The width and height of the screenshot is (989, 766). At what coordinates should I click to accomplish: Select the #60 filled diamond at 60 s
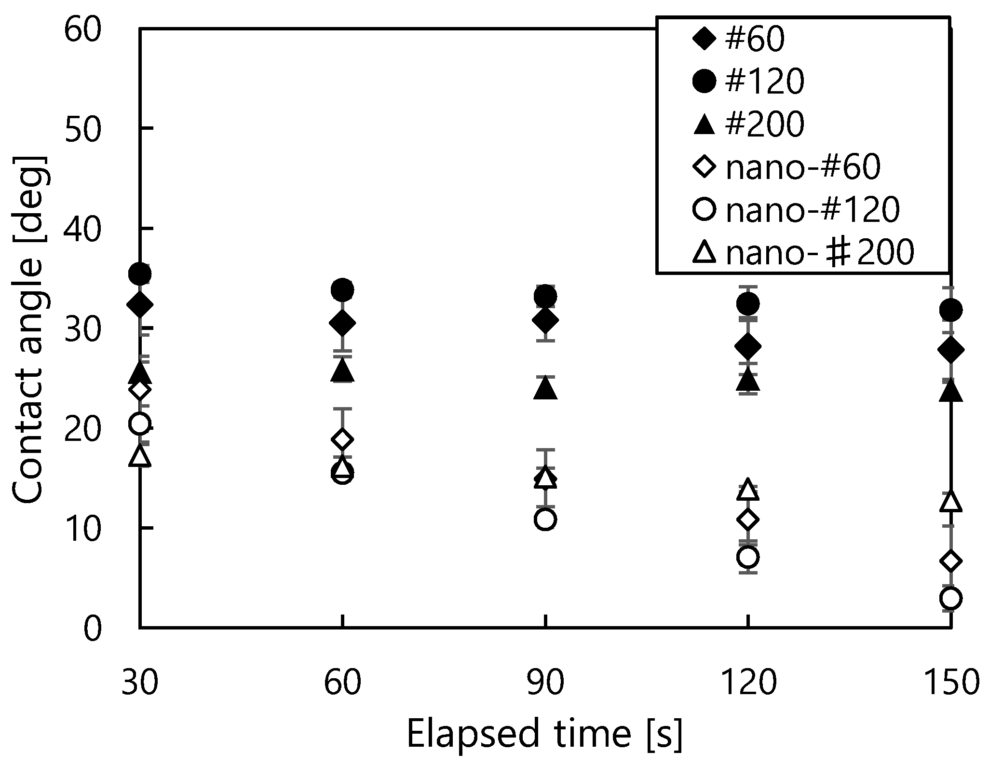coord(342,323)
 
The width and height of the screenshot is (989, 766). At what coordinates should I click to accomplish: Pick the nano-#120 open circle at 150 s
coord(950,599)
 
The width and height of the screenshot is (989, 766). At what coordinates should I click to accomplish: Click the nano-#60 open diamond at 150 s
coord(950,561)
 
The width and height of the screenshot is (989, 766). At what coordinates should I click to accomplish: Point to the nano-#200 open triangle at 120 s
coord(748,490)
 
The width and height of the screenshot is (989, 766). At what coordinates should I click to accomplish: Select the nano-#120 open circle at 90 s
coord(545,520)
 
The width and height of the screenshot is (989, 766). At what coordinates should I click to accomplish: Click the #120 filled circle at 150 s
coord(950,310)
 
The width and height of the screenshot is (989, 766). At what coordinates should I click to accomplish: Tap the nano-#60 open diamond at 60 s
coord(342,439)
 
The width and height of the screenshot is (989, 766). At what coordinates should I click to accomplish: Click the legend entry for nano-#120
coord(796,210)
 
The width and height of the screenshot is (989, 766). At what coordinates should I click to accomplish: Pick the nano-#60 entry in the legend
coord(786,167)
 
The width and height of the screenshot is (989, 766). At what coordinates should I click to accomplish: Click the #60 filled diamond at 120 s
coord(748,346)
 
